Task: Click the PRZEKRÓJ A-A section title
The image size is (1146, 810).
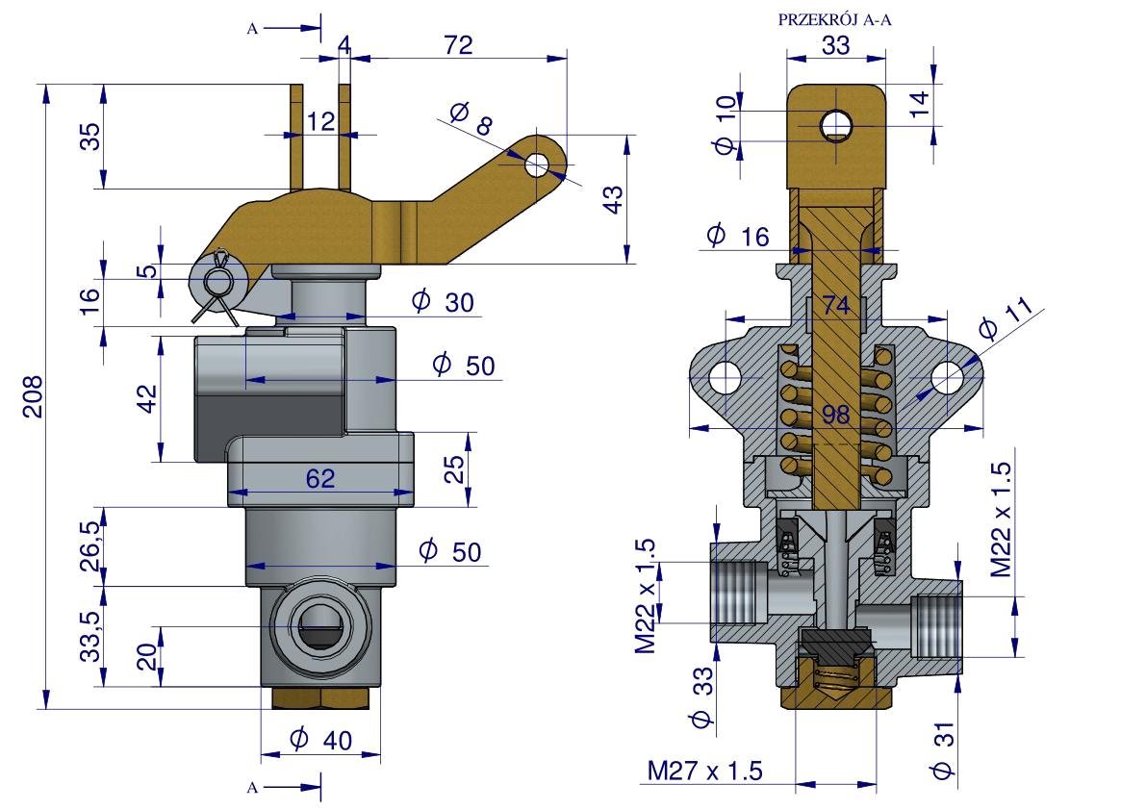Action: click(835, 18)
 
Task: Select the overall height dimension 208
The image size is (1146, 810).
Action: click(33, 395)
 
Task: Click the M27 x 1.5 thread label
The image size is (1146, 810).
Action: click(704, 771)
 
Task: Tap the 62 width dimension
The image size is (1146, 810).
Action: click(320, 477)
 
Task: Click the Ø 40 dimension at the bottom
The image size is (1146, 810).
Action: click(320, 740)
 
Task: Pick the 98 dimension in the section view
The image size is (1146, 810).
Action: click(836, 415)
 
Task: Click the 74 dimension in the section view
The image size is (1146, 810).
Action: click(836, 306)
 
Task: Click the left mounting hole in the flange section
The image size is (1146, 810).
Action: click(725, 376)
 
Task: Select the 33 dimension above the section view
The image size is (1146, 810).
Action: click(836, 44)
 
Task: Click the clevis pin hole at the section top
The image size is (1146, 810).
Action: click(835, 124)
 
